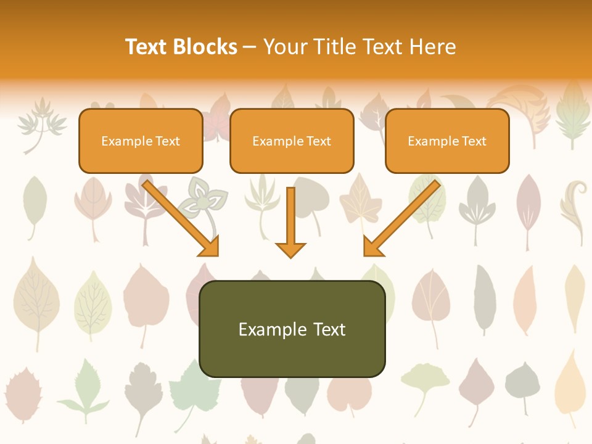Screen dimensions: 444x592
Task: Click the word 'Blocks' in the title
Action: [x=206, y=47]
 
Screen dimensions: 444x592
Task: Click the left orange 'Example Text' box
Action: [x=141, y=141]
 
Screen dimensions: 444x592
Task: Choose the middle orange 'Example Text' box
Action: [x=292, y=141]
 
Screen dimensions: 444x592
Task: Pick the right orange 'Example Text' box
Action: [x=447, y=141]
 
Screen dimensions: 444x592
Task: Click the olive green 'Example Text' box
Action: [x=292, y=329]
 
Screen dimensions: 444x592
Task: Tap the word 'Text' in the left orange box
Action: [x=167, y=141]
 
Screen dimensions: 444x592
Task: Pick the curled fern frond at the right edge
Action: [x=573, y=210]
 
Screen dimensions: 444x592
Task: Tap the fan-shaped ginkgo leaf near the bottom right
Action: [x=425, y=382]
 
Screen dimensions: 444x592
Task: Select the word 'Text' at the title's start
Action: [x=147, y=47]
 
